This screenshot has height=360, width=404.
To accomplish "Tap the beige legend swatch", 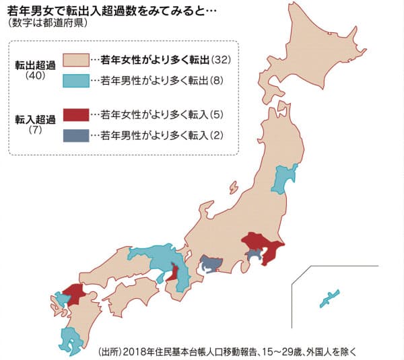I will point(75,61).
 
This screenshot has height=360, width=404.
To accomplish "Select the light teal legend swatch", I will point(75,79).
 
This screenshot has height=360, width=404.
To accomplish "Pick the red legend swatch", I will point(75,115).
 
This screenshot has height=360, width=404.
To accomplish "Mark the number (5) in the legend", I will point(212,115).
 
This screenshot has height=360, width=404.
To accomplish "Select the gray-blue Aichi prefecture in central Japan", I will point(211,262).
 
